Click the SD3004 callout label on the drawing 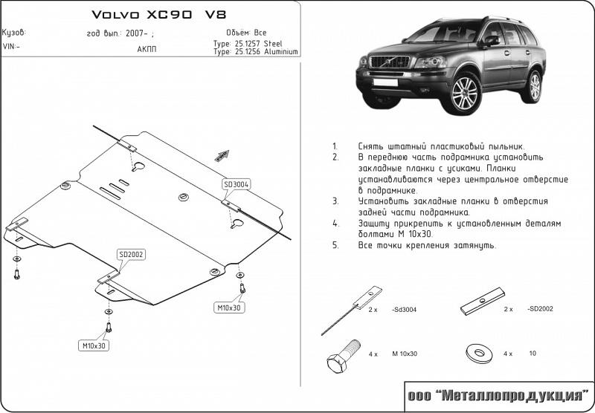(x=236, y=184)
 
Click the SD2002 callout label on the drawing (x=131, y=255)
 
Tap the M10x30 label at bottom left (x=94, y=345)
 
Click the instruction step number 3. (x=335, y=201)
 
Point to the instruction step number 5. (x=335, y=244)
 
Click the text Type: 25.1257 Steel (x=248, y=44)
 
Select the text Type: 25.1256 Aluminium (x=255, y=52)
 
